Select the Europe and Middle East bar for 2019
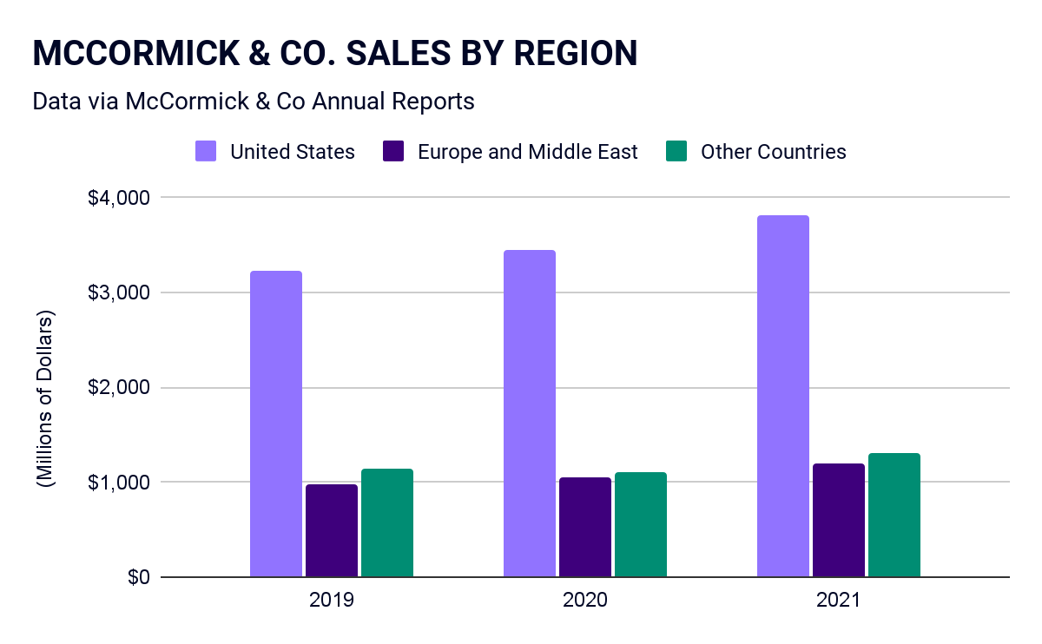tap(332, 530)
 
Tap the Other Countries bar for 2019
tap(387, 522)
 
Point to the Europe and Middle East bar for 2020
tap(585, 527)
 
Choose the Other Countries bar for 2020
tap(641, 524)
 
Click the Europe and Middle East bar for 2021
tap(839, 520)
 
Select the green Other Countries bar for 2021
tap(894, 515)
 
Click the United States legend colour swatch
tap(206, 152)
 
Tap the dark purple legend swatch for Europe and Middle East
tap(393, 152)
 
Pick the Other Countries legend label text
tap(773, 152)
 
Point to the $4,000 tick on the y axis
tap(120, 198)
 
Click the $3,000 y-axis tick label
tap(120, 292)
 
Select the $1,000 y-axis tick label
tap(120, 482)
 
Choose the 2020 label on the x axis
tap(584, 600)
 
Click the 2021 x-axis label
tap(838, 600)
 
